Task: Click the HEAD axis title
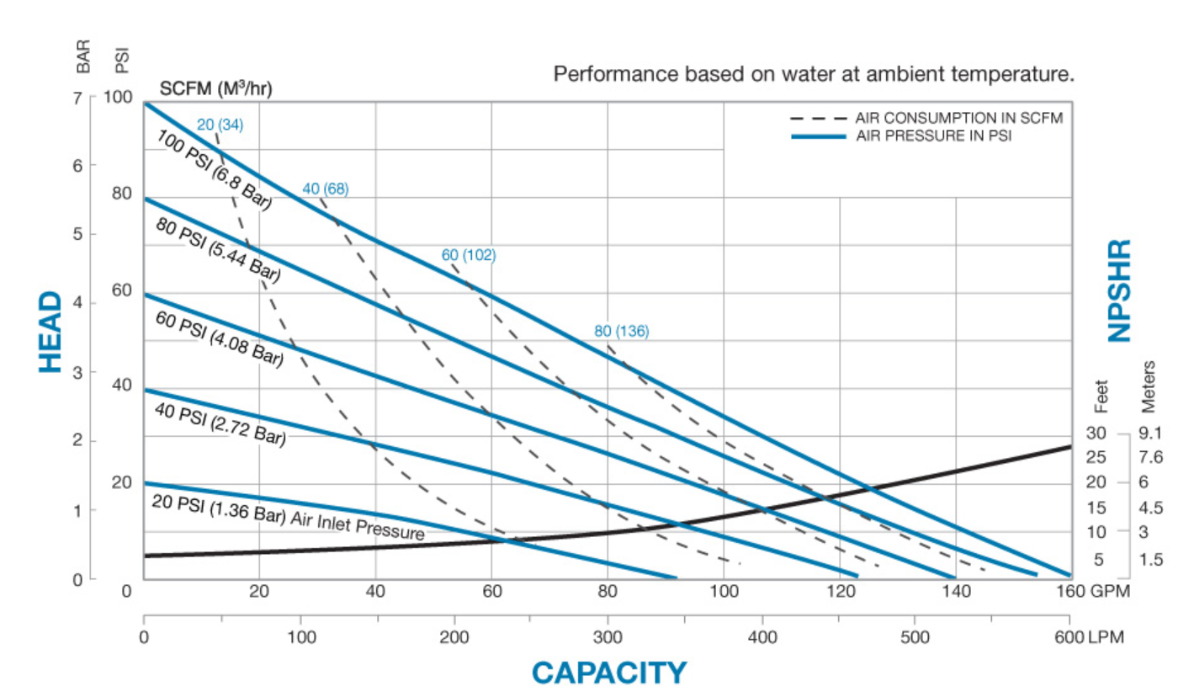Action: coord(50,332)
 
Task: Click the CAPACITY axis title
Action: coord(608,672)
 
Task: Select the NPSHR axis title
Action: coord(1118,290)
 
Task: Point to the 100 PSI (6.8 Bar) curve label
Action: coord(214,169)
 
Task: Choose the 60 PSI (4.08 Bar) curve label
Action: coord(219,339)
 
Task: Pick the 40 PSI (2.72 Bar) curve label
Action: coord(220,426)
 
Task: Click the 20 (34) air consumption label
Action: coord(220,125)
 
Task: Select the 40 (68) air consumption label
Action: coord(325,189)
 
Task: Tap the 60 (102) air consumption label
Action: coord(469,255)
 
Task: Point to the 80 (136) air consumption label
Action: coord(622,331)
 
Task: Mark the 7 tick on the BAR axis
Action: coord(78,97)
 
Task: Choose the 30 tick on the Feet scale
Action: coord(1093,433)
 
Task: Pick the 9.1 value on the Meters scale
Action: coord(1149,433)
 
